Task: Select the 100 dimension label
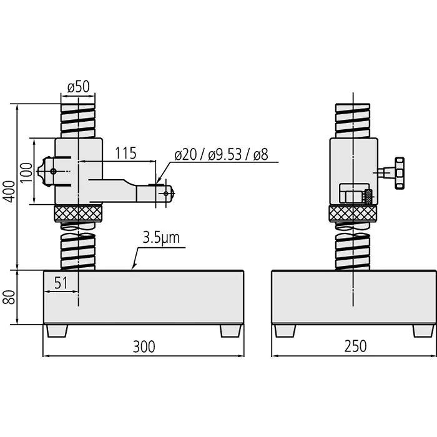click(26, 171)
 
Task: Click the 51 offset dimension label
click(60, 283)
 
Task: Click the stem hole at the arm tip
click(165, 194)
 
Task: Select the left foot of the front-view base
click(56, 330)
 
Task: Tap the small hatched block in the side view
click(368, 196)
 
